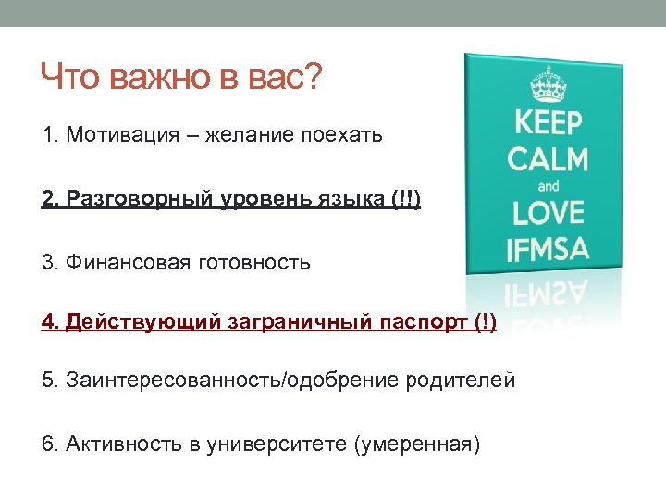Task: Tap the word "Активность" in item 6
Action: tap(123, 444)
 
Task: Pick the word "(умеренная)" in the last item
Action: tap(417, 444)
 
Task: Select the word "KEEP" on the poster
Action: tap(548, 123)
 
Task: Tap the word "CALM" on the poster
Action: tap(548, 158)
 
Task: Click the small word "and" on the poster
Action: tap(549, 185)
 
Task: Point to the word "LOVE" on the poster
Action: tap(549, 214)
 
